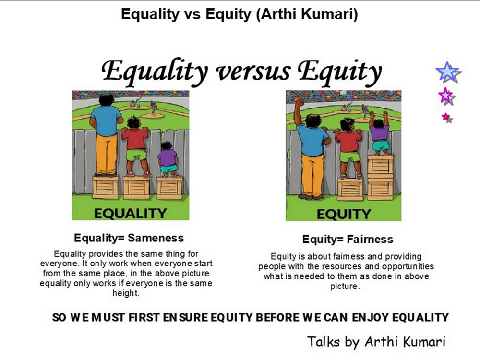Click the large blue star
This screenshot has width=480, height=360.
click(x=448, y=72)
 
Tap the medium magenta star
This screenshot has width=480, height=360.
click(x=446, y=96)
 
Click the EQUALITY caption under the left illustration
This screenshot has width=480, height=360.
click(x=131, y=214)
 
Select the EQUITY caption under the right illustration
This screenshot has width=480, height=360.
click(x=344, y=214)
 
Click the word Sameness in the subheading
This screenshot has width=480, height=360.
click(x=156, y=238)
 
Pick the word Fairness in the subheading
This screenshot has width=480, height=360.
click(x=370, y=239)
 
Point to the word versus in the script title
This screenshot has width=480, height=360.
click(x=253, y=72)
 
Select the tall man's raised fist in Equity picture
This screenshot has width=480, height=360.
click(x=299, y=104)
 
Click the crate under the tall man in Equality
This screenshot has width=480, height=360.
click(x=105, y=187)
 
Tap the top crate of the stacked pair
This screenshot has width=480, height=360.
click(x=381, y=165)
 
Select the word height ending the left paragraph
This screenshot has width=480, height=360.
click(x=126, y=293)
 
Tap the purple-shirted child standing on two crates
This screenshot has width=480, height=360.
click(x=380, y=133)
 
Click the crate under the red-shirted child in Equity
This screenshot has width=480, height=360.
click(x=350, y=190)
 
